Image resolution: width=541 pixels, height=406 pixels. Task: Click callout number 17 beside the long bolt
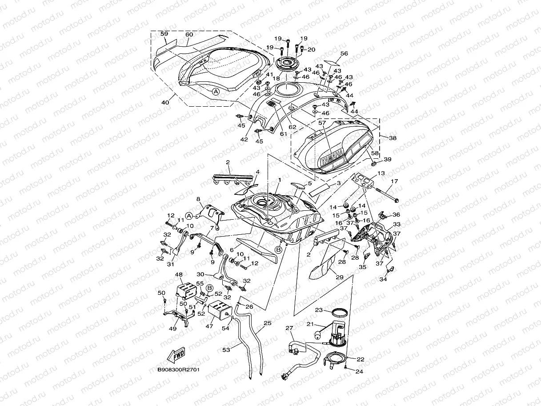[x=394, y=181]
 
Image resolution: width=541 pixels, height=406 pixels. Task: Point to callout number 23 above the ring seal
[x=319, y=310]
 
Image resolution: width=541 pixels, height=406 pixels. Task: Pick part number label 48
[x=179, y=275]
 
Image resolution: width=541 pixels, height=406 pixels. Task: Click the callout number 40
[x=165, y=102]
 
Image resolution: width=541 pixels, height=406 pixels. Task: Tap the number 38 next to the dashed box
[x=393, y=138]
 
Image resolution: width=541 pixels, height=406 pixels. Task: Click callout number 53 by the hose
[x=226, y=350]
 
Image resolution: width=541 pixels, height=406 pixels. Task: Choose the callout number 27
[x=289, y=329]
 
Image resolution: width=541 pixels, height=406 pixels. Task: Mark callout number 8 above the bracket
[x=198, y=200]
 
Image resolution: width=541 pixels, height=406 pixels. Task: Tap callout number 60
[x=189, y=34]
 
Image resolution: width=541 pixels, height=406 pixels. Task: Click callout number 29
[x=340, y=277]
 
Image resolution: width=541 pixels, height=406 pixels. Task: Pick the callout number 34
[x=383, y=279]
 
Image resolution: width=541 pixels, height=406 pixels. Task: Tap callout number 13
[x=381, y=173]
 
